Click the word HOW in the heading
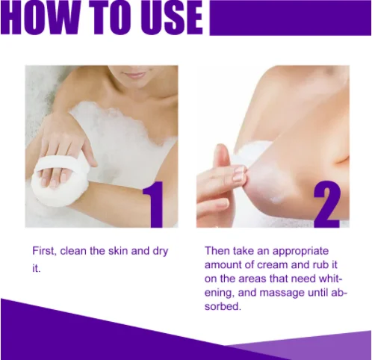pyautogui.click(x=43, y=17)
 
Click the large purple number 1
pyautogui.click(x=153, y=205)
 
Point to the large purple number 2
pyautogui.click(x=327, y=205)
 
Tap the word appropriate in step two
pyautogui.click(x=301, y=252)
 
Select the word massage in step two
pyautogui.click(x=282, y=294)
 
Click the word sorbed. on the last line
pyautogui.click(x=223, y=306)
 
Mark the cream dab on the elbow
pyautogui.click(x=276, y=199)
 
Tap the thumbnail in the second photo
pyautogui.click(x=240, y=171)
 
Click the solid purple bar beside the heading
pyautogui.click(x=291, y=18)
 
